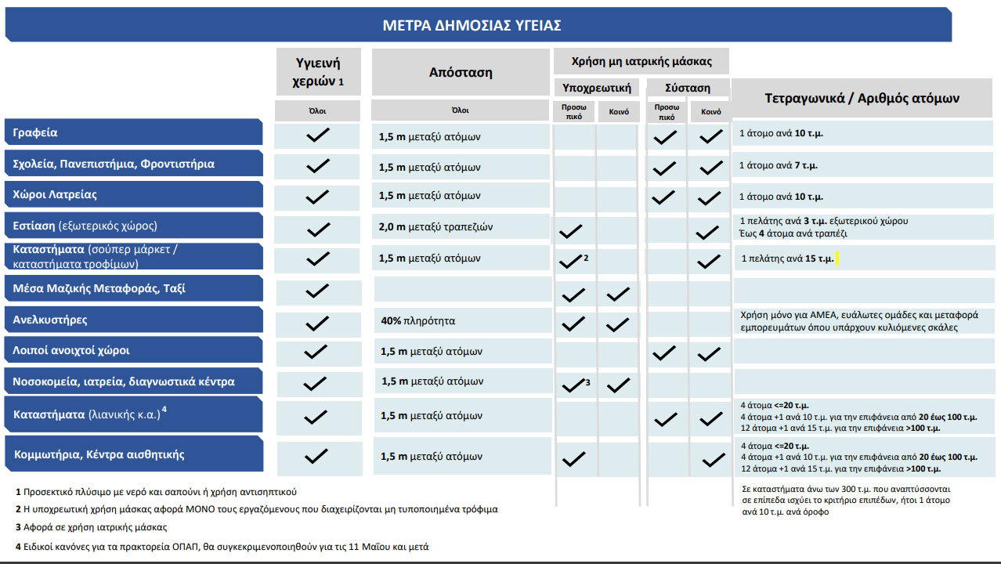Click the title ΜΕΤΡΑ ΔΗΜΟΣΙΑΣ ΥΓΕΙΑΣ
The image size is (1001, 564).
coord(472,25)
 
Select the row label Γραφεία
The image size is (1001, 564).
coord(35,133)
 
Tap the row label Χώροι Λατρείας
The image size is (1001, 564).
coord(55,195)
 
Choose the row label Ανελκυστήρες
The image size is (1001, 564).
coord(50,320)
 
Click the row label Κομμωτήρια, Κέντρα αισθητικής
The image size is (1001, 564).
coord(99,454)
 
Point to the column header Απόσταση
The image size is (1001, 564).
coord(461,72)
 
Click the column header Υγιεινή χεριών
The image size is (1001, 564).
coord(318,71)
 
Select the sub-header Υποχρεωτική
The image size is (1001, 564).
coord(597,87)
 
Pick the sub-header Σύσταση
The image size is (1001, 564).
coord(688,88)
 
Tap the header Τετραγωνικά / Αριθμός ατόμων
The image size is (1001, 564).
coord(862,98)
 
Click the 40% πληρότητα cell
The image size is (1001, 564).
coord(417,321)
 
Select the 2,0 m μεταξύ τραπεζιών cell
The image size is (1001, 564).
coord(435,227)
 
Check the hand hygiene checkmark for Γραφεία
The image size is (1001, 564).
coord(317,135)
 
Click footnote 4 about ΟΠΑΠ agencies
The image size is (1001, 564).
coord(222,547)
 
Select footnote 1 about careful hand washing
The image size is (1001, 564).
coord(156,492)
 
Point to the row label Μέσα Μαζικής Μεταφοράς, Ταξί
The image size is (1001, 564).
coord(99,289)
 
